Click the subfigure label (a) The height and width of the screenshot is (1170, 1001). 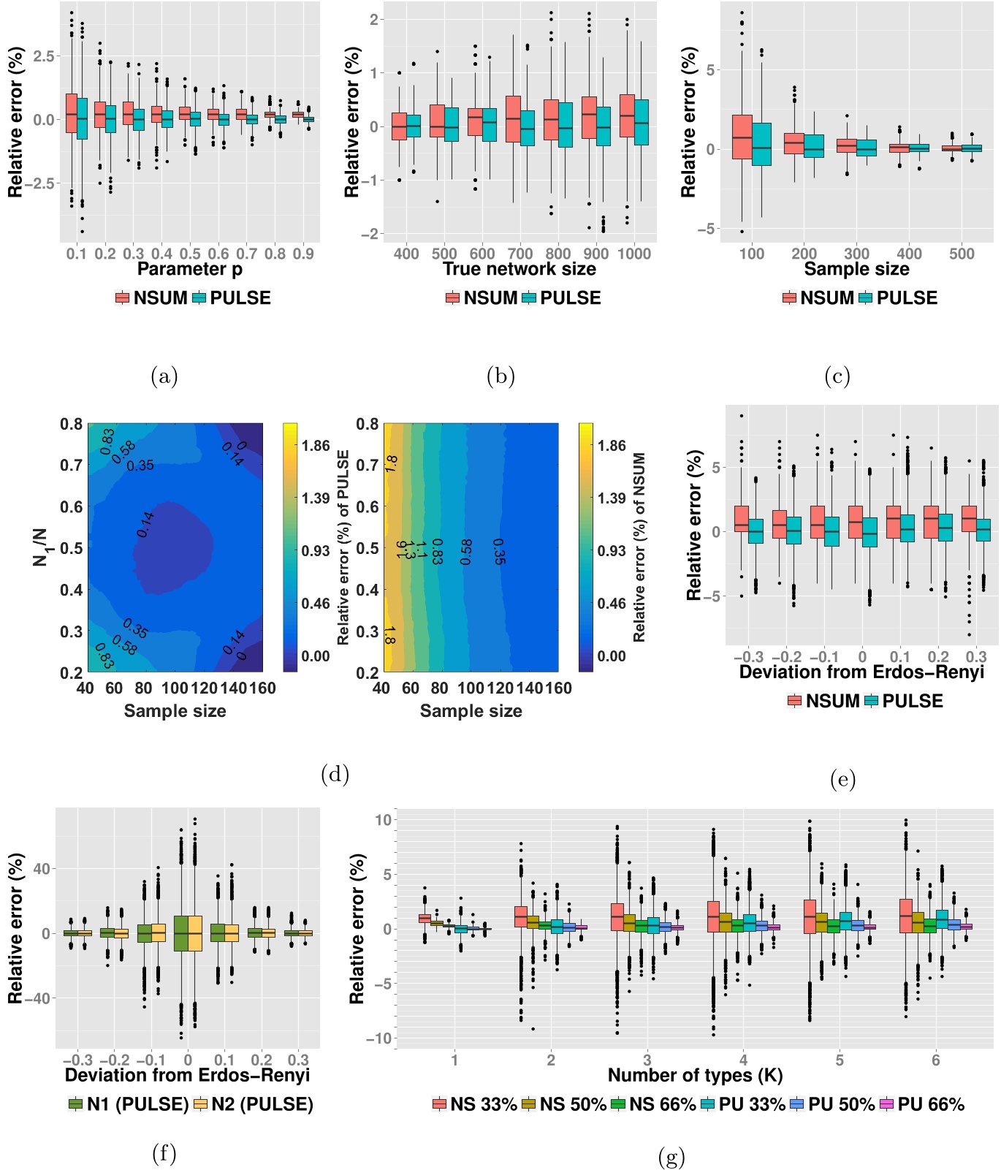coord(164,376)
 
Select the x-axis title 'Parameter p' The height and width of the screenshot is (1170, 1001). coord(190,270)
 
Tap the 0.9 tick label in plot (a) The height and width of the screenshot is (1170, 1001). coord(303,254)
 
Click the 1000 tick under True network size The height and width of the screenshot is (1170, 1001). coord(634,254)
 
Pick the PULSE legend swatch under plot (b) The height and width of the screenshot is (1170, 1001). coord(529,298)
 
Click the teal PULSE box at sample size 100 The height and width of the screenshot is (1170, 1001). coord(761,144)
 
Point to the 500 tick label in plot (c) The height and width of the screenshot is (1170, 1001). coord(962,254)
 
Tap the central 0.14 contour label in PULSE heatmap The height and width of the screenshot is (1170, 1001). coord(145,525)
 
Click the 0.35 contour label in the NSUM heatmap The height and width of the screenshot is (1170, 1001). coord(499,551)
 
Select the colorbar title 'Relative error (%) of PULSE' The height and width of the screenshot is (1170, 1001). coord(343,548)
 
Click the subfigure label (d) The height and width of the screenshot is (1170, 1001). coord(335,774)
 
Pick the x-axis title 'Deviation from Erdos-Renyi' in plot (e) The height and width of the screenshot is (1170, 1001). coord(861,672)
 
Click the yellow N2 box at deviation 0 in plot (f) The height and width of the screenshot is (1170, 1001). coord(195,933)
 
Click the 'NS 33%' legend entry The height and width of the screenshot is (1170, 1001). coord(475,1104)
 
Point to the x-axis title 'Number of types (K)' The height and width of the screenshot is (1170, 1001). coord(695,1075)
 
